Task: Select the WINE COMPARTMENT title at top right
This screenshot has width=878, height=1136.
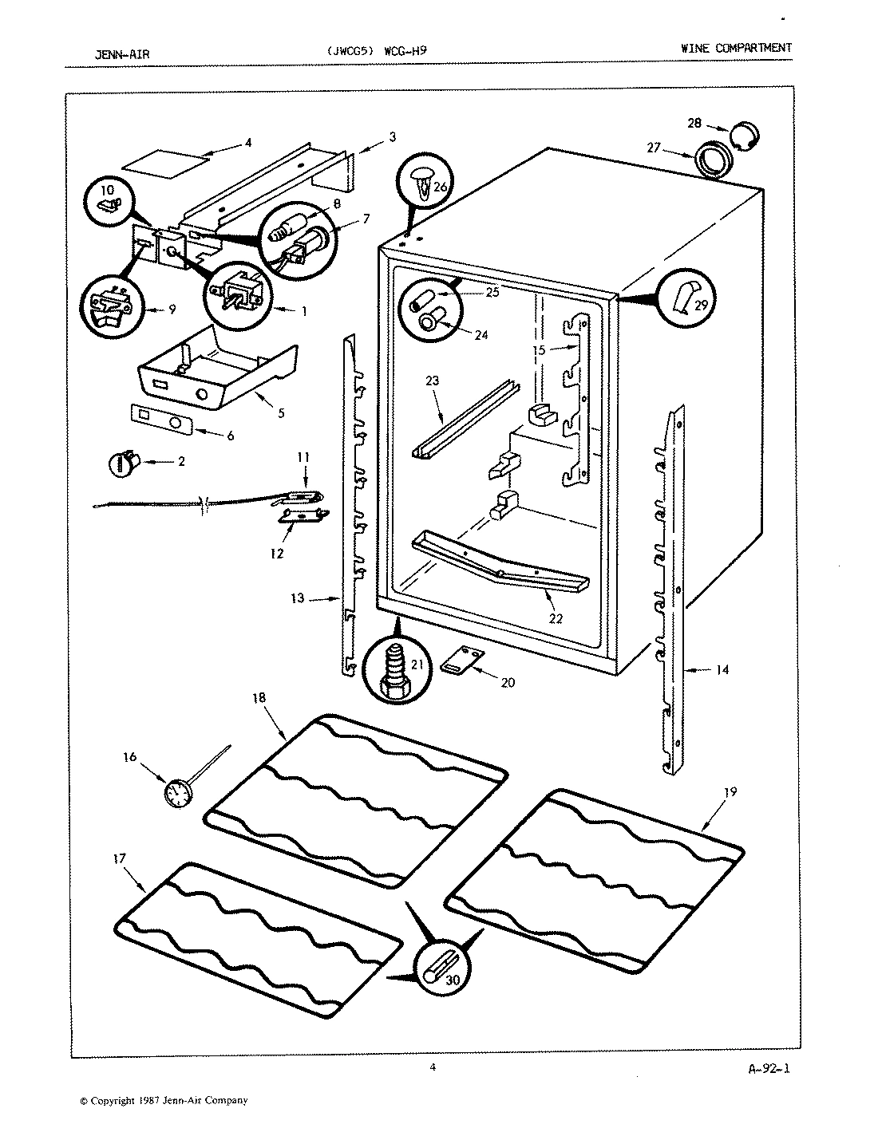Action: pyautogui.click(x=736, y=48)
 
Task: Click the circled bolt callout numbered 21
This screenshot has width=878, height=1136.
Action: pyautogui.click(x=393, y=671)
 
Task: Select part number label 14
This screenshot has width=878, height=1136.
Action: pyautogui.click(x=722, y=670)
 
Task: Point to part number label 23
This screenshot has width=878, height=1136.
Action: pyautogui.click(x=432, y=381)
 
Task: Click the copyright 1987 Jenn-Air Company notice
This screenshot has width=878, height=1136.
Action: pyautogui.click(x=164, y=1101)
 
